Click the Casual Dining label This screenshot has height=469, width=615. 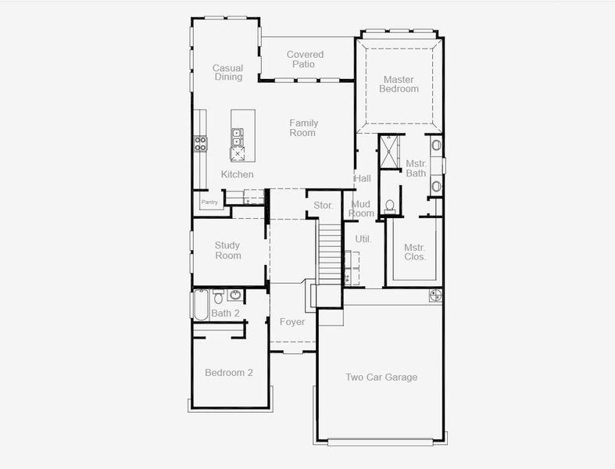click(x=227, y=73)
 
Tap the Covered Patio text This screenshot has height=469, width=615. click(x=305, y=59)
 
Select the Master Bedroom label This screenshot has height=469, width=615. click(x=399, y=84)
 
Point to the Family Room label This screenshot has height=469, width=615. click(x=303, y=127)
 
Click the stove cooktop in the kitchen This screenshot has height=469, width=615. click(x=200, y=143)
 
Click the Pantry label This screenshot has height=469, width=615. click(x=209, y=202)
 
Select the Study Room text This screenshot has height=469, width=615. click(x=228, y=250)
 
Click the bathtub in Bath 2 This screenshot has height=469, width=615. click(x=201, y=304)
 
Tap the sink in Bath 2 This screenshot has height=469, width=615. click(x=234, y=295)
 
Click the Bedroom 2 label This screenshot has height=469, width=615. click(x=228, y=373)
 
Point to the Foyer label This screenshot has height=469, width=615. click(x=292, y=321)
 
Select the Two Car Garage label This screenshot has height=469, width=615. click(x=381, y=378)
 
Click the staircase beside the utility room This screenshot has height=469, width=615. click(x=329, y=250)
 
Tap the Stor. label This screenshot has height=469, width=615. click(x=324, y=206)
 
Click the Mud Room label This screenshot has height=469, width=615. click(x=361, y=209)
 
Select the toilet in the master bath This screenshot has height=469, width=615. click(x=390, y=206)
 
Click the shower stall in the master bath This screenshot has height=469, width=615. click(x=388, y=151)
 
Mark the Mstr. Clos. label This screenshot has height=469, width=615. click(x=414, y=252)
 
